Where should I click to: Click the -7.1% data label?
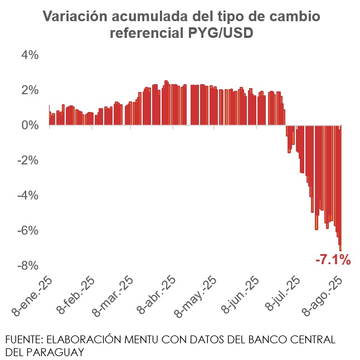click(x=333, y=259)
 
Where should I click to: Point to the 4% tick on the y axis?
click(x=30, y=55)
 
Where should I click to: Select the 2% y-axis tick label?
click(x=30, y=90)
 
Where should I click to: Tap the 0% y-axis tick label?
click(x=30, y=125)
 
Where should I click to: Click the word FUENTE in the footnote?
click(x=23, y=339)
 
